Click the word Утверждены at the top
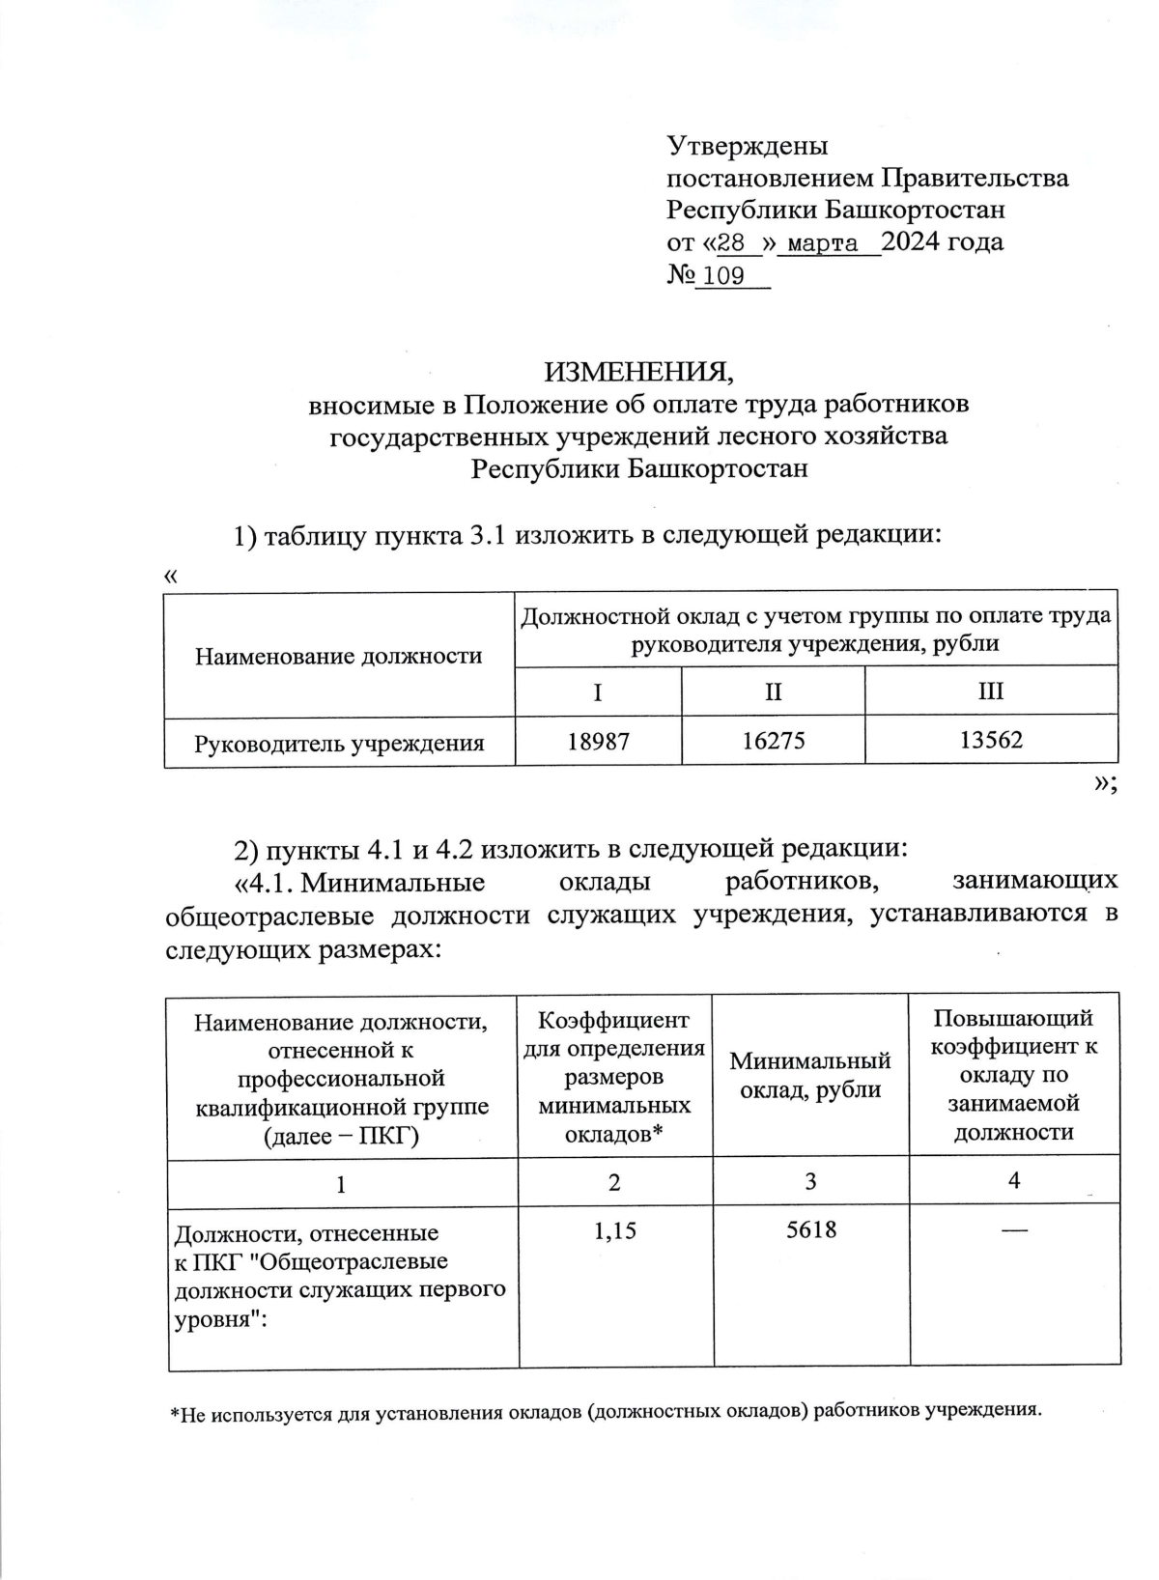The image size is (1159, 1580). click(x=748, y=147)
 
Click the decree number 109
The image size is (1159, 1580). click(x=723, y=277)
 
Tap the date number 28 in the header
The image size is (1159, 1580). click(x=732, y=242)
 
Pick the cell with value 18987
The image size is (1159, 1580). click(x=598, y=741)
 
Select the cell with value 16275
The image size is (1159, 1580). click(x=773, y=741)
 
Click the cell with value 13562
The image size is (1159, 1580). click(x=991, y=741)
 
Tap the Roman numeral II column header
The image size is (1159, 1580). click(x=773, y=691)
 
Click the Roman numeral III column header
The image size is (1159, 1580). click(x=991, y=691)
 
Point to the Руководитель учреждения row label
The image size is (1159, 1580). click(x=339, y=743)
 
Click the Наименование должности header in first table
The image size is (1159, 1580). click(x=339, y=657)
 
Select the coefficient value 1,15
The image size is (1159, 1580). click(x=614, y=1230)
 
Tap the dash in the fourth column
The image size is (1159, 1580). click(x=1014, y=1229)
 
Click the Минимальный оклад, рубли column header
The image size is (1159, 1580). click(x=809, y=1075)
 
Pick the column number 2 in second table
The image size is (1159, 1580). click(x=614, y=1181)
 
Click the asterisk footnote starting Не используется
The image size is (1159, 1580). click(x=607, y=1411)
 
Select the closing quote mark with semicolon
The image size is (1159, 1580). click(x=1105, y=785)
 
